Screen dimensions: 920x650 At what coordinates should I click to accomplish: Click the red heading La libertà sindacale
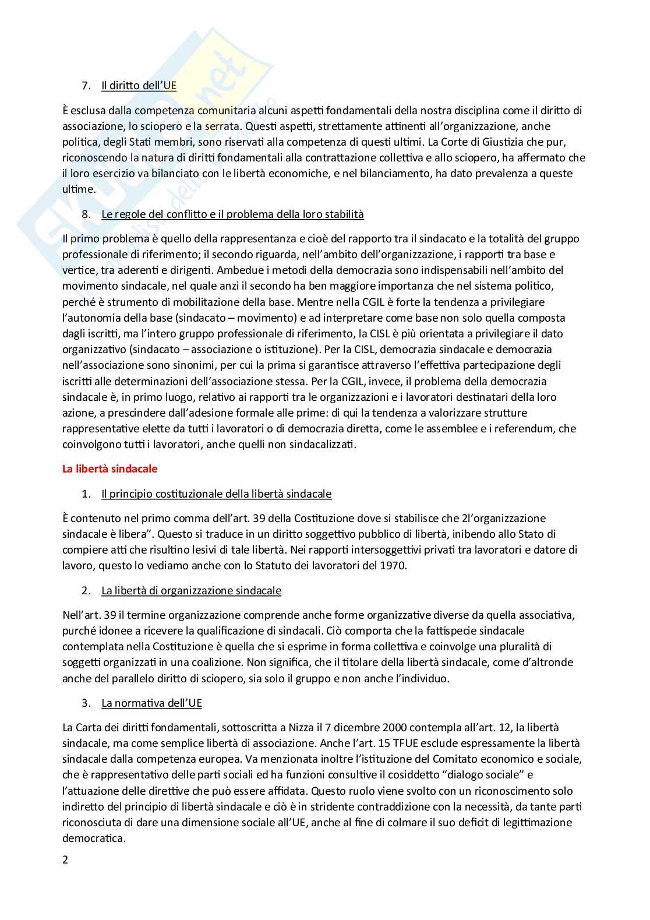[x=109, y=468]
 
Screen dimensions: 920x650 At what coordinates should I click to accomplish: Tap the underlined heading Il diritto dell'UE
[x=139, y=86]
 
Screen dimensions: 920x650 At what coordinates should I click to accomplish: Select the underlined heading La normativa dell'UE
[x=151, y=703]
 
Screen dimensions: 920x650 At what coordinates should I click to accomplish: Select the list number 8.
[x=86, y=214]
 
